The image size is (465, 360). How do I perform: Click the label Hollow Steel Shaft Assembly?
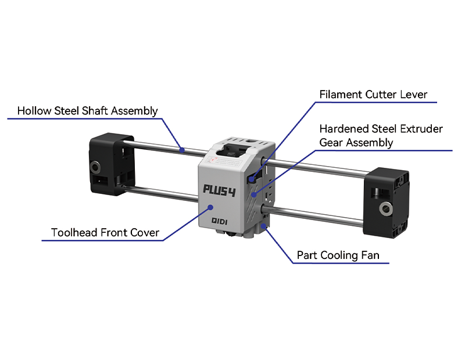(87, 110)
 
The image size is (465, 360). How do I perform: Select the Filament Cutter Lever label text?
(373, 94)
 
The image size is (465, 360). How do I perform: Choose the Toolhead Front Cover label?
(105, 233)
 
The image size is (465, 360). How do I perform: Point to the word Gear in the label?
(331, 142)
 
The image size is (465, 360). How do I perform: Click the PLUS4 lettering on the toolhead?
(219, 189)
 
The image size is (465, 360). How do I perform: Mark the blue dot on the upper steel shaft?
(182, 149)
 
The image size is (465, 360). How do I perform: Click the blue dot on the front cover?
(210, 207)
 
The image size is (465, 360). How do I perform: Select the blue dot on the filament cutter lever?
(252, 180)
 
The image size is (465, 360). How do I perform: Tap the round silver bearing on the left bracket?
(94, 168)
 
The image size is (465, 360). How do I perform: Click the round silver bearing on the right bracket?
(385, 208)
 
